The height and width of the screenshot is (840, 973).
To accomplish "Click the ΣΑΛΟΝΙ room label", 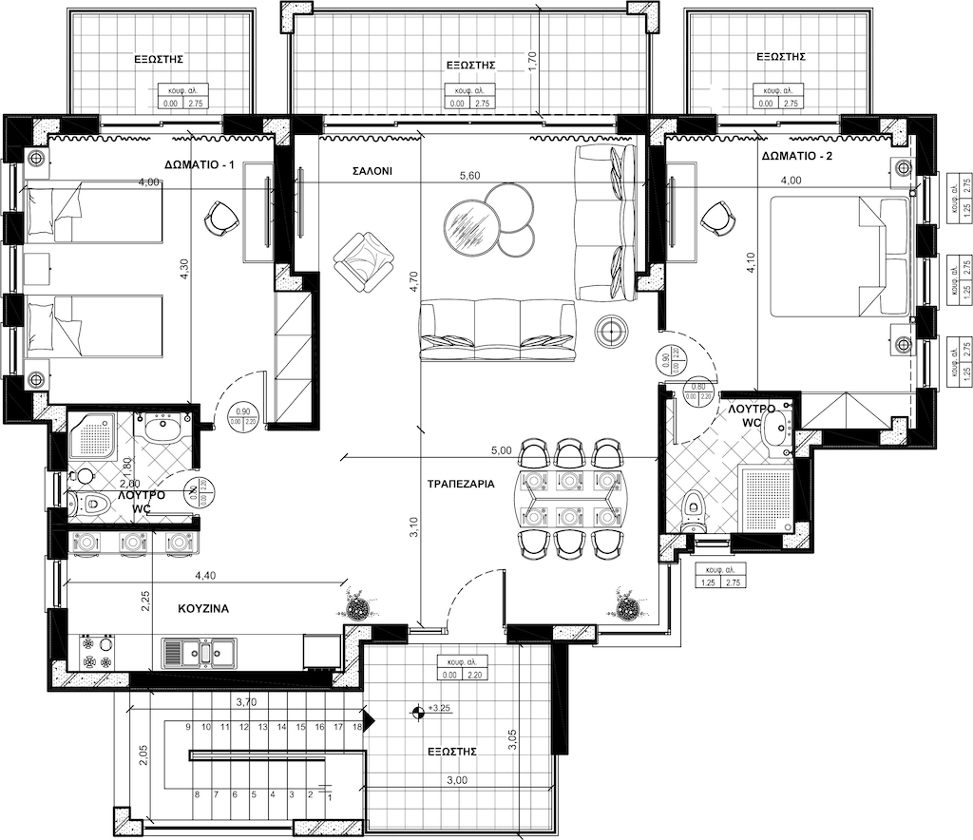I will point(373,172).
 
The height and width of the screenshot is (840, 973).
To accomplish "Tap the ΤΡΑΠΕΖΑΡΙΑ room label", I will point(461,484).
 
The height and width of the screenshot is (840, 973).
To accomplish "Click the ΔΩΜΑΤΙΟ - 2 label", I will point(797,155).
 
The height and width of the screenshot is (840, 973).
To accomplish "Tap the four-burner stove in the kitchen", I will point(96,652).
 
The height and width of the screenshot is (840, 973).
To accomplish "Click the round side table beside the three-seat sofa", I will point(609,330).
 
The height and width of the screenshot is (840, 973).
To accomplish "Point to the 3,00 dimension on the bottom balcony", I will point(457,780).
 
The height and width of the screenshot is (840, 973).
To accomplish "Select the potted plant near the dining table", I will point(626,605).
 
